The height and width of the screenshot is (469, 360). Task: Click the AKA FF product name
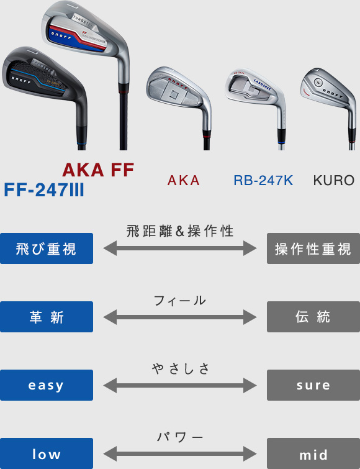[98, 170]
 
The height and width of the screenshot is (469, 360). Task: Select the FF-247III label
[44, 190]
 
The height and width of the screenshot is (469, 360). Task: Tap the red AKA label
[184, 180]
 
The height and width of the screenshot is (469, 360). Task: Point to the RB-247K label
[263, 180]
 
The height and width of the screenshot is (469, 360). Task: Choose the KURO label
[334, 180]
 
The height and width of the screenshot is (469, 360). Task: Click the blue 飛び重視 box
[47, 248]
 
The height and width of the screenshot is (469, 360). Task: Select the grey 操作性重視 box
[313, 248]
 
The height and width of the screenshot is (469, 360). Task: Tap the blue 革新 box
[47, 317]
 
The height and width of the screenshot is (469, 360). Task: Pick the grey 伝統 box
[313, 317]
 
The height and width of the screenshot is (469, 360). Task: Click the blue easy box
[47, 385]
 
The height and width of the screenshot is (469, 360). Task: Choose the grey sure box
[313, 385]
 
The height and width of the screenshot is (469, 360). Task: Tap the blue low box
[47, 453]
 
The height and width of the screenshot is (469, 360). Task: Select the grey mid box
[313, 453]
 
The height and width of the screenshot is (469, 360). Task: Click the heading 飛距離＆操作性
[180, 231]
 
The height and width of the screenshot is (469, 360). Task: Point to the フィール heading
[180, 300]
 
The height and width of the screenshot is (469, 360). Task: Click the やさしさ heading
[181, 369]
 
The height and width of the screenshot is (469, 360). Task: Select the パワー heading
[180, 437]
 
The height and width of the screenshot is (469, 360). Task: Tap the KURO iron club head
[328, 89]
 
